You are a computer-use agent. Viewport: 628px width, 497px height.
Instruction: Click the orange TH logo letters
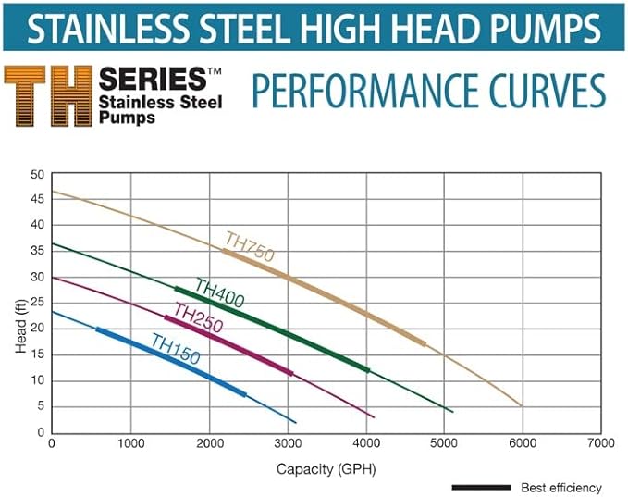(47, 94)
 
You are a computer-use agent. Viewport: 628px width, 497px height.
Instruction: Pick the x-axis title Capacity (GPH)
(326, 468)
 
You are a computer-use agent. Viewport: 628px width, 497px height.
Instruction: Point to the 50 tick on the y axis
(37, 174)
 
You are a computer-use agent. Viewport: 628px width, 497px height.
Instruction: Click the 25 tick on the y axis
(37, 303)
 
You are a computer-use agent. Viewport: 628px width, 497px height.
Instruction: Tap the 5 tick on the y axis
(40, 406)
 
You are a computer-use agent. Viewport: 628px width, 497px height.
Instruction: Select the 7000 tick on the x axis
(601, 444)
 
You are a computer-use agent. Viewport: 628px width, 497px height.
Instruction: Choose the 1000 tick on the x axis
(130, 444)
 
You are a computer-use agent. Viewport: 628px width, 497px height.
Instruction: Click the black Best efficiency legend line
(481, 487)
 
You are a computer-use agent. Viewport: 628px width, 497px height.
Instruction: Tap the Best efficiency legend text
(560, 487)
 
